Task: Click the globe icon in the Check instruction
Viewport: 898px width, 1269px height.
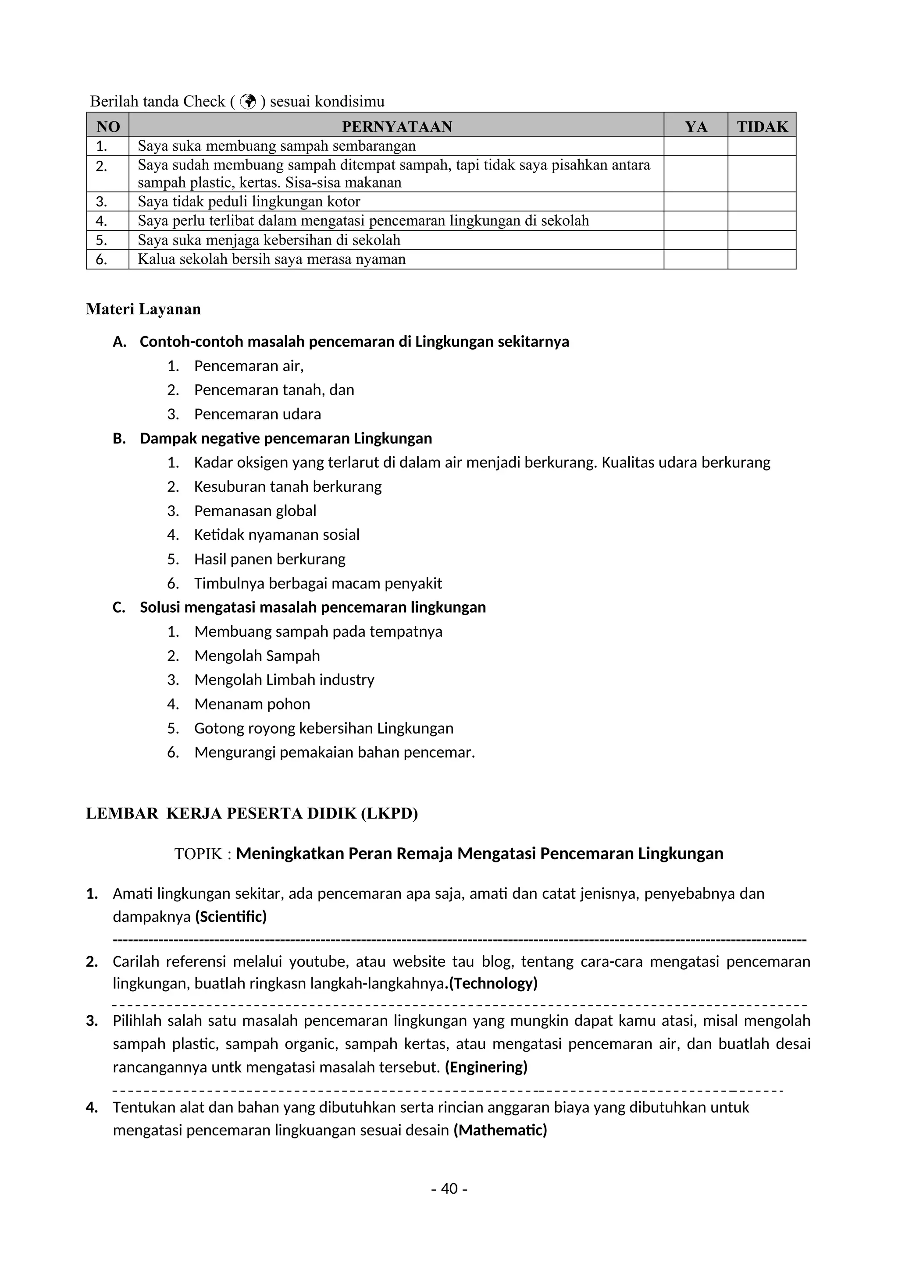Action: point(249,101)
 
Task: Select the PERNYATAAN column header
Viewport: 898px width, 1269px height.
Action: point(396,127)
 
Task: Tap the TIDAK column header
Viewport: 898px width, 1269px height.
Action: point(762,127)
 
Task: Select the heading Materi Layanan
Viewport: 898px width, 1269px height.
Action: point(143,309)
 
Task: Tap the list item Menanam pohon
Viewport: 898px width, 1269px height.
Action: point(252,704)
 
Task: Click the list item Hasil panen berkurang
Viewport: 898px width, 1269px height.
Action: point(269,559)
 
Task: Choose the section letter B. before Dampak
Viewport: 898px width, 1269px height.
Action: point(119,438)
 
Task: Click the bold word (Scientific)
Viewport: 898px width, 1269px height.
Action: point(231,917)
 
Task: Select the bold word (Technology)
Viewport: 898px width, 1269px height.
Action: point(493,983)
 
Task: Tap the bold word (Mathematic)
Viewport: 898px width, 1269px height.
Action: point(500,1130)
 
